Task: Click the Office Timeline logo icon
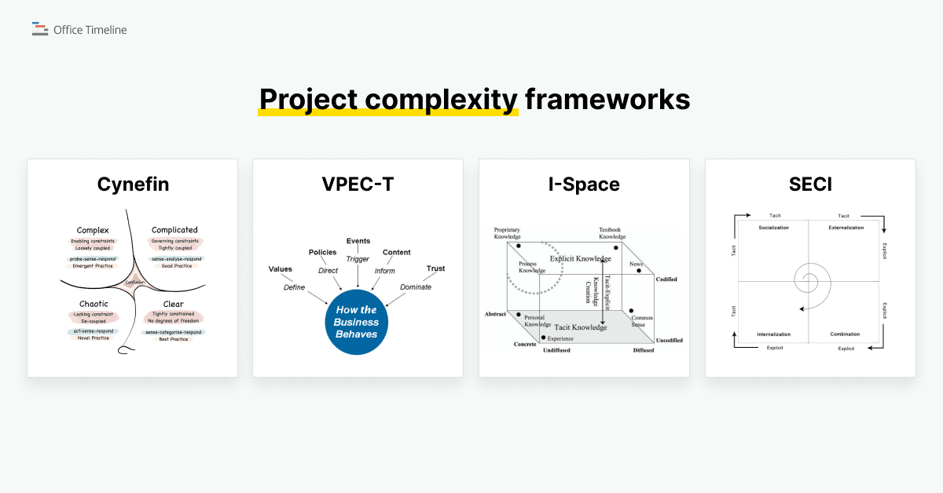tap(40, 30)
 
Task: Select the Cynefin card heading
tap(133, 184)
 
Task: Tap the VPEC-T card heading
tap(358, 184)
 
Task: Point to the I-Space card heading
tap(584, 184)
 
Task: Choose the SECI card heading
tap(810, 184)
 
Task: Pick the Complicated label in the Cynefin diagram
tap(174, 230)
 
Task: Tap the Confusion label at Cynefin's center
tap(134, 283)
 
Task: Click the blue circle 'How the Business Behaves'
tap(357, 322)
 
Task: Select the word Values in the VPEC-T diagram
tap(280, 269)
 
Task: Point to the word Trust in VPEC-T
tap(435, 268)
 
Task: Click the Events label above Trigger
tap(358, 241)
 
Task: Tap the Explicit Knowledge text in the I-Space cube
tap(580, 258)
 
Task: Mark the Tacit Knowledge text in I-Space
tap(581, 327)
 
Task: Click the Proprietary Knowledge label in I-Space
tap(507, 233)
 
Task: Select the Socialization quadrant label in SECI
tap(773, 228)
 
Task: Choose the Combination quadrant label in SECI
tap(845, 334)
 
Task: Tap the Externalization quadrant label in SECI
tap(846, 228)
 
